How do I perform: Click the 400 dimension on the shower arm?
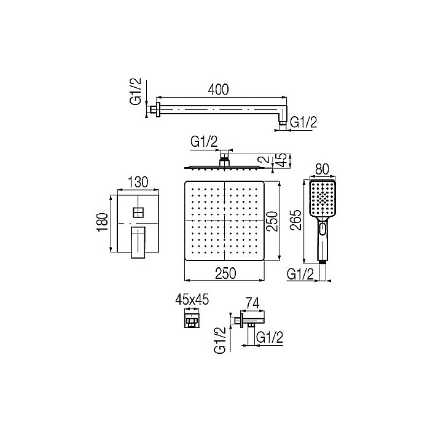tap(219, 90)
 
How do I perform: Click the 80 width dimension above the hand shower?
tap(321, 167)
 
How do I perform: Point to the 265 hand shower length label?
tap(298, 218)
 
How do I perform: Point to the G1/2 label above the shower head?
tap(204, 141)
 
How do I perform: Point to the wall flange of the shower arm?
tap(157, 111)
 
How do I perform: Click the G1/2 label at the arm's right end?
tap(303, 123)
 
